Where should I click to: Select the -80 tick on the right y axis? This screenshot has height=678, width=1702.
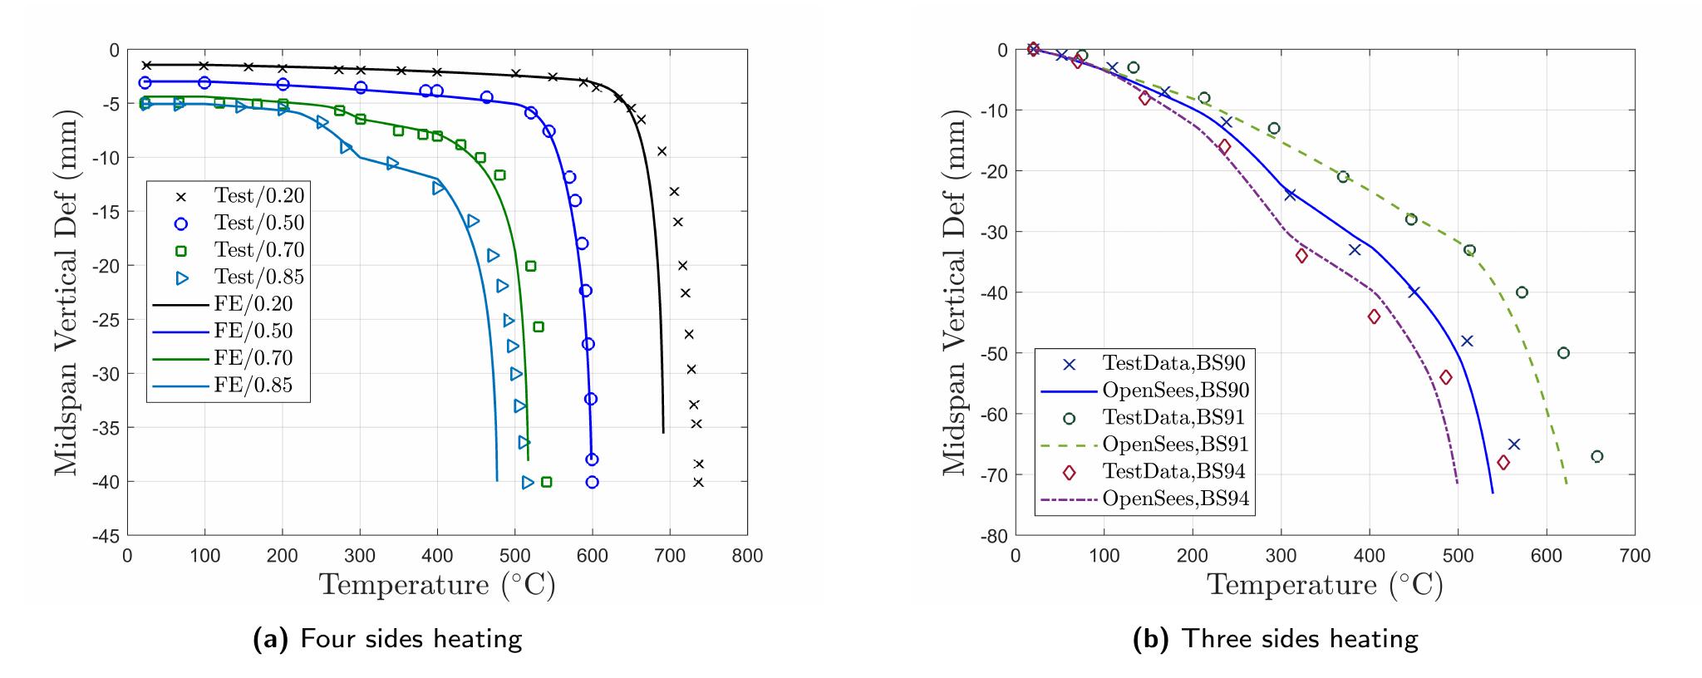pos(995,536)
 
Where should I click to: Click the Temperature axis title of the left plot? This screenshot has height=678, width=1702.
pos(438,585)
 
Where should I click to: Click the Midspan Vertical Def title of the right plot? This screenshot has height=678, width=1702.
pos(957,292)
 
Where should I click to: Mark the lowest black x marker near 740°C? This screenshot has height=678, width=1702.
pos(698,482)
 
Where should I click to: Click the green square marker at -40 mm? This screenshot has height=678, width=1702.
pos(546,482)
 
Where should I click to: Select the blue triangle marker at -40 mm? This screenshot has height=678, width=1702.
pos(528,482)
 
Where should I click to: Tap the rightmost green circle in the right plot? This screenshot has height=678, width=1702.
pos(1596,456)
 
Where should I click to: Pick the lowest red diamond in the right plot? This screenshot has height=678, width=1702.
pos(1503,462)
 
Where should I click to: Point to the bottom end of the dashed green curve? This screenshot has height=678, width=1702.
pos(1567,484)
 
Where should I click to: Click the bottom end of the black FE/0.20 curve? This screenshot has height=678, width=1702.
pos(663,432)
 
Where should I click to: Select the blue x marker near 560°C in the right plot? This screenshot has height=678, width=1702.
pos(1513,445)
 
